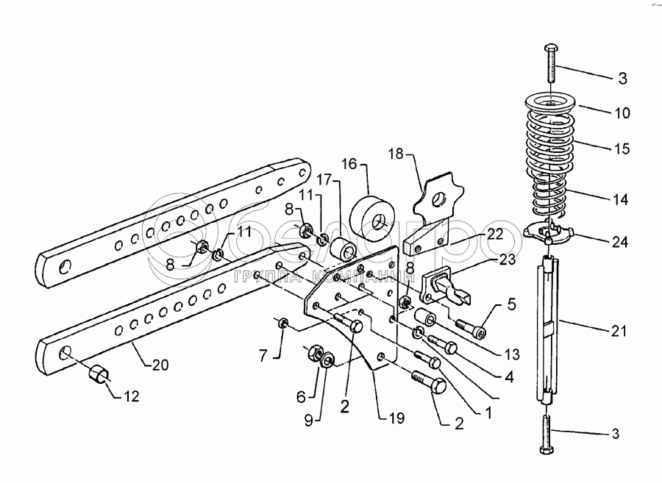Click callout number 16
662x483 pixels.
click(348, 162)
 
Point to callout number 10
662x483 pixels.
click(622, 113)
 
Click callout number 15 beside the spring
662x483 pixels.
click(622, 149)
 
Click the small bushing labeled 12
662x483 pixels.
click(97, 374)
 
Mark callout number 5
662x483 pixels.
click(510, 303)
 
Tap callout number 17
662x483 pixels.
click(325, 179)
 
